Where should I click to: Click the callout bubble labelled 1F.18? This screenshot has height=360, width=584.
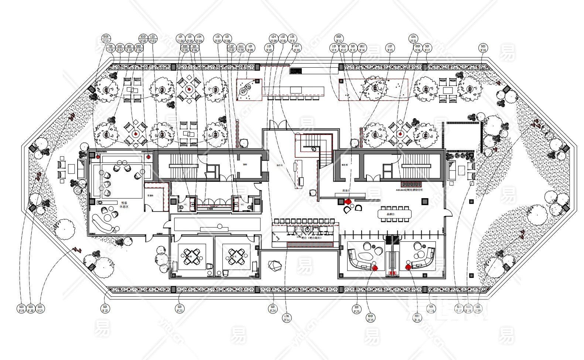tap(483, 48)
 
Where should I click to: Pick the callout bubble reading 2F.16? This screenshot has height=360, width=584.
tap(417, 318)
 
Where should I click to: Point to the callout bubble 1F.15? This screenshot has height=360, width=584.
tap(390, 48)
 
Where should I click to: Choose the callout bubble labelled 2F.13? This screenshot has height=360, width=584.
tap(413, 38)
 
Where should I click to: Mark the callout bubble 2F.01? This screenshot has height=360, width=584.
tap(106, 38)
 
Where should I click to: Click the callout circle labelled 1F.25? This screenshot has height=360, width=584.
tap(356, 309)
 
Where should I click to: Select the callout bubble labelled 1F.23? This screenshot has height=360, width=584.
tap(180, 309)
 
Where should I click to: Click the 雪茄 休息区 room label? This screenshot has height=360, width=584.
tap(123, 205)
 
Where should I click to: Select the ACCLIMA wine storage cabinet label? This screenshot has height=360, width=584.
tap(408, 190)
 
